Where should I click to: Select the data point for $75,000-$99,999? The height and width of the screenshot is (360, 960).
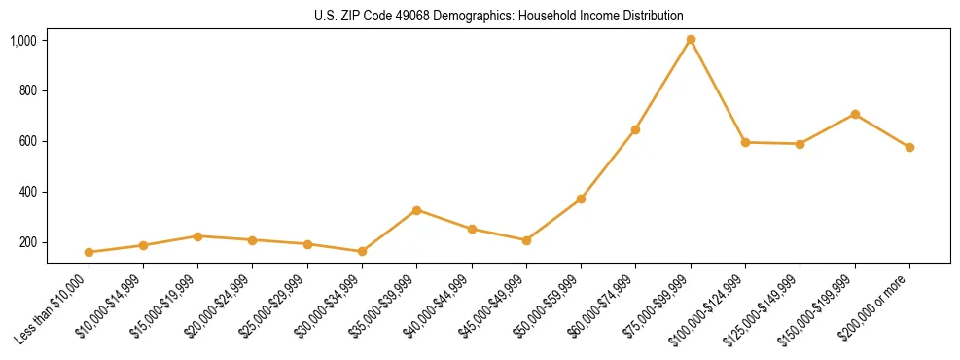pyautogui.click(x=691, y=40)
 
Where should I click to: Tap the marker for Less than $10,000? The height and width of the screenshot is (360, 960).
pyautogui.click(x=89, y=252)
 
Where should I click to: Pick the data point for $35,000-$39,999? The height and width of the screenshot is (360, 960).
pyautogui.click(x=416, y=210)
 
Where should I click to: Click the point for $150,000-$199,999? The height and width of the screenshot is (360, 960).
pyautogui.click(x=855, y=114)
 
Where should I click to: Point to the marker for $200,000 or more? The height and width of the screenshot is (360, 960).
pyautogui.click(x=909, y=148)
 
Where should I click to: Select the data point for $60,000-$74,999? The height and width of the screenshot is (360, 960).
pyautogui.click(x=635, y=129)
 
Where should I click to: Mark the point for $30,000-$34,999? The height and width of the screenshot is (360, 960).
pyautogui.click(x=362, y=251)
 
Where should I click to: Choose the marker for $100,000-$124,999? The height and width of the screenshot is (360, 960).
pyautogui.click(x=745, y=142)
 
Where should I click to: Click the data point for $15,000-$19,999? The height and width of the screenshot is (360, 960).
pyautogui.click(x=197, y=236)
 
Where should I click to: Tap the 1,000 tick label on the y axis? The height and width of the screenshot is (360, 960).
pyautogui.click(x=23, y=40)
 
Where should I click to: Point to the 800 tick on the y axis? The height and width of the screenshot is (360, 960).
pyautogui.click(x=28, y=90)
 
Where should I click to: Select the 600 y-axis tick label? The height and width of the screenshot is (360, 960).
pyautogui.click(x=28, y=141)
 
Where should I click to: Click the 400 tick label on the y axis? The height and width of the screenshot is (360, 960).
pyautogui.click(x=28, y=192)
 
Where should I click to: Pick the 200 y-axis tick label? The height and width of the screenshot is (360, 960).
pyautogui.click(x=28, y=242)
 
